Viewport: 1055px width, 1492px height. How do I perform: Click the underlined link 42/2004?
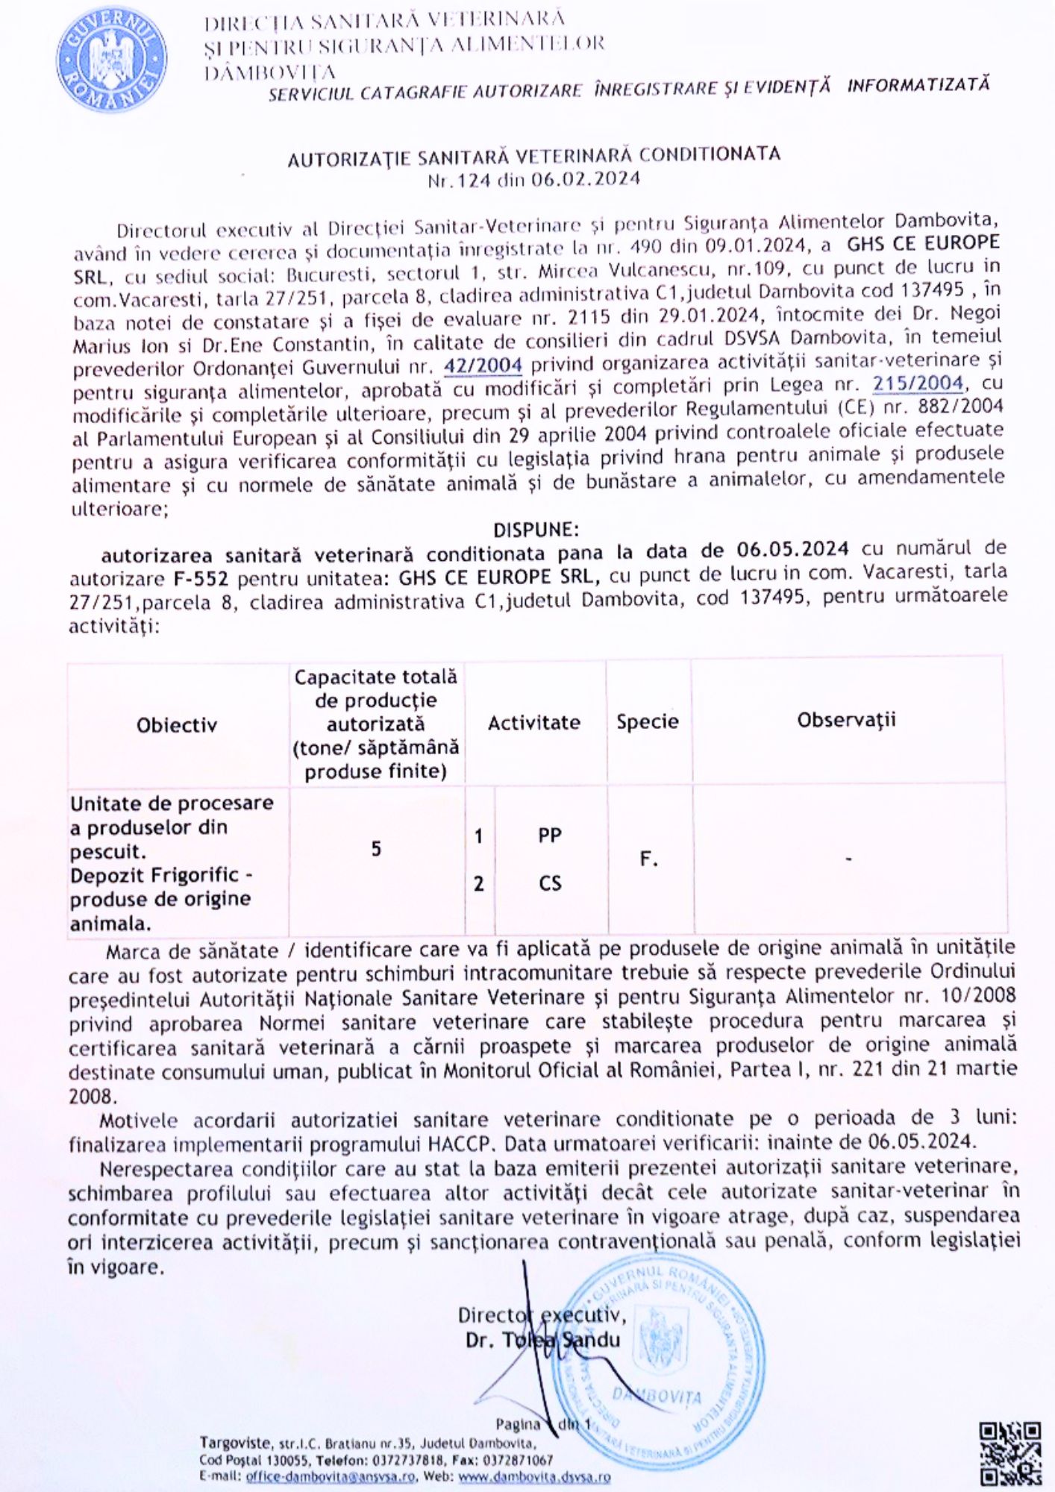pyautogui.click(x=483, y=366)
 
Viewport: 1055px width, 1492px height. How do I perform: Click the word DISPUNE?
pyautogui.click(x=535, y=530)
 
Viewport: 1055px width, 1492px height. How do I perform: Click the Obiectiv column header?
pyautogui.click(x=177, y=725)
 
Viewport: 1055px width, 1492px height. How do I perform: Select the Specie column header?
pyautogui.click(x=648, y=721)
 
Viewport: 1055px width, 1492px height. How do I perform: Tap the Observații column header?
pyautogui.click(x=846, y=720)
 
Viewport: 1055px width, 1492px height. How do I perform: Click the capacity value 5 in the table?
pyautogui.click(x=376, y=848)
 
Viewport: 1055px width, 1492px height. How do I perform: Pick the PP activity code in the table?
pyautogui.click(x=550, y=836)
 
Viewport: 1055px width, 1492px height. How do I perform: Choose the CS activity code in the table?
pyautogui.click(x=550, y=884)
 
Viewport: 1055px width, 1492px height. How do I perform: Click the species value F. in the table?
pyautogui.click(x=649, y=859)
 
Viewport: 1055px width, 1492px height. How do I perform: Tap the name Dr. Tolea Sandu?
pyautogui.click(x=542, y=1340)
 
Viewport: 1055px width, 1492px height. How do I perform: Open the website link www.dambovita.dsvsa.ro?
pyautogui.click(x=534, y=1476)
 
